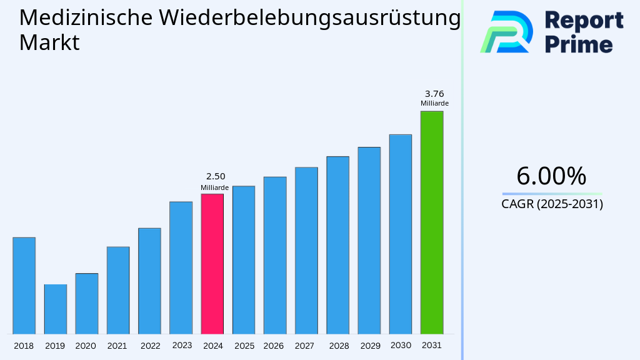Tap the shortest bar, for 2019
(x=55, y=309)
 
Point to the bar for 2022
(x=149, y=281)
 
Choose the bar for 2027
(x=306, y=250)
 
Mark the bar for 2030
(x=400, y=234)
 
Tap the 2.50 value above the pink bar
(x=216, y=176)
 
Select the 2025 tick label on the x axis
(x=244, y=346)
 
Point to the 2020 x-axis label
(x=86, y=346)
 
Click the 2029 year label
(x=370, y=346)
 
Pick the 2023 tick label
(x=182, y=345)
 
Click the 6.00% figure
(x=551, y=176)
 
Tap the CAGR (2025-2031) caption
(x=552, y=204)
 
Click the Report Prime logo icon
(x=506, y=32)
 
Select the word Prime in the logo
(x=579, y=44)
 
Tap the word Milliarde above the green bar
(x=434, y=104)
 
